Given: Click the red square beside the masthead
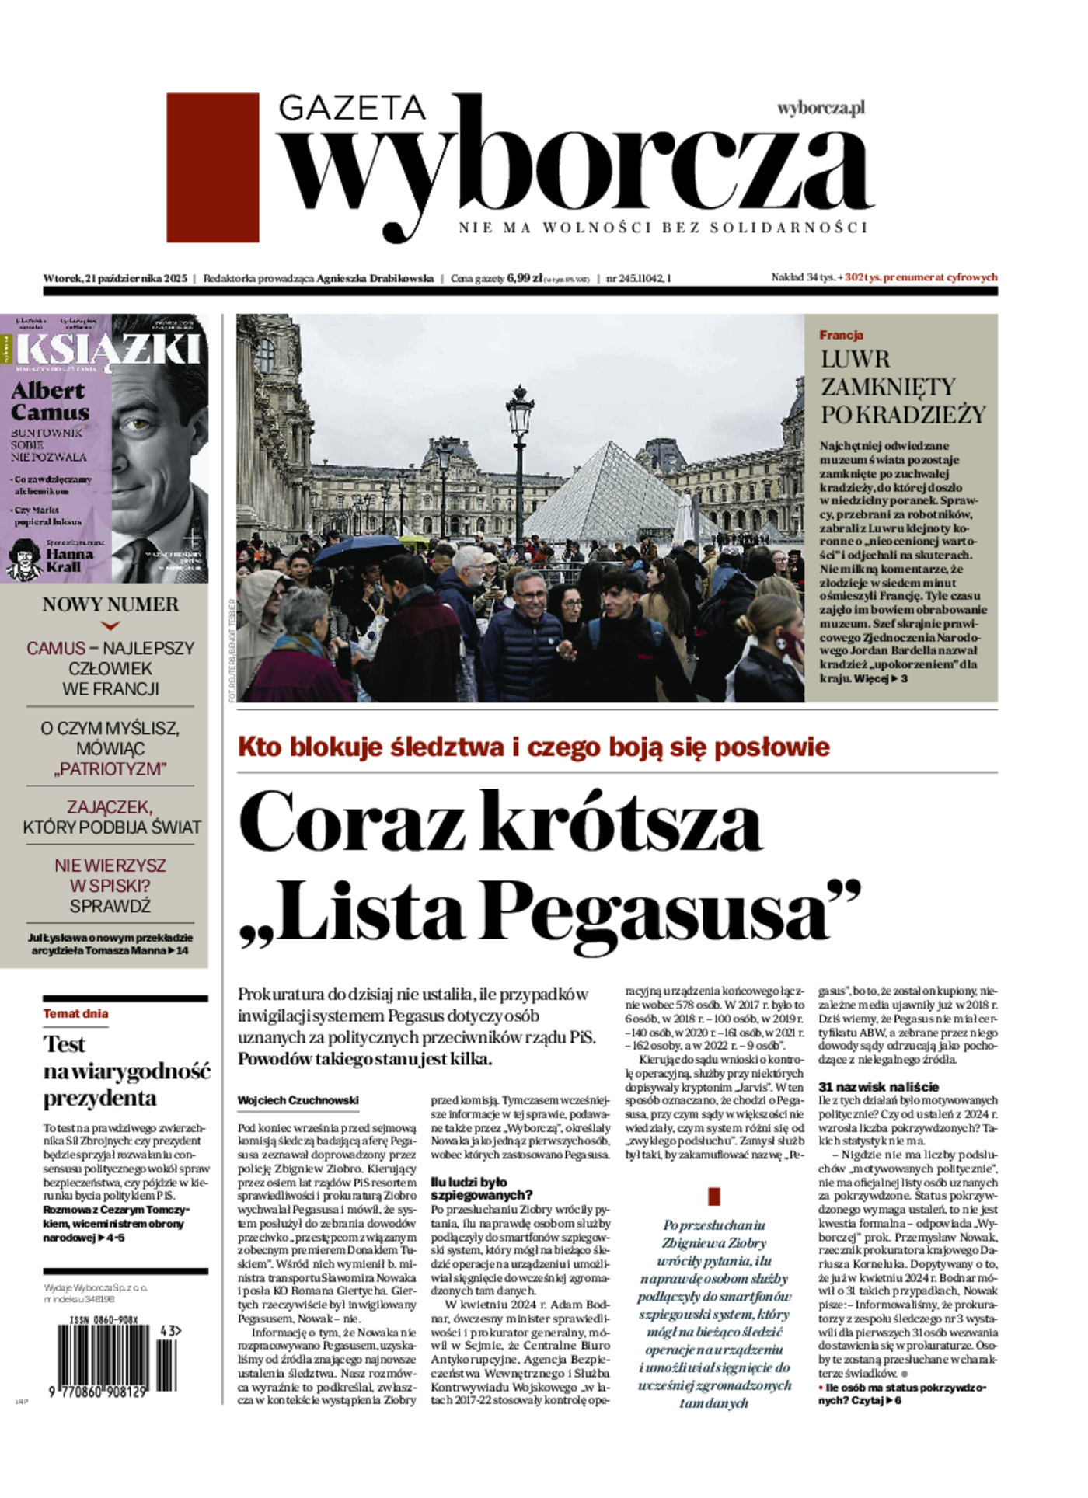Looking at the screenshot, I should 212,167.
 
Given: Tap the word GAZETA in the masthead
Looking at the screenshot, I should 351,109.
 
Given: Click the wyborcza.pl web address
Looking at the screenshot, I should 821,108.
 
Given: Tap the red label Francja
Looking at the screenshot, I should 841,335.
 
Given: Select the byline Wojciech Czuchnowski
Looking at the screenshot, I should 298,1100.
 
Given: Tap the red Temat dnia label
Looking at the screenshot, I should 75,1013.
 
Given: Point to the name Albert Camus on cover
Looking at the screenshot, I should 50,402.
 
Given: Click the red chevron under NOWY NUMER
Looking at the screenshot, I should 110,625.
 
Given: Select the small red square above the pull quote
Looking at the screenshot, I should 714,1196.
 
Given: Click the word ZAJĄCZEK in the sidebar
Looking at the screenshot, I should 110,806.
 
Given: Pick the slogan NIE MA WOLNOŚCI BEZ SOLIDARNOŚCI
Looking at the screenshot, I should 662,228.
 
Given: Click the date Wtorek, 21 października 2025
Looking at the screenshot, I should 115,277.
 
